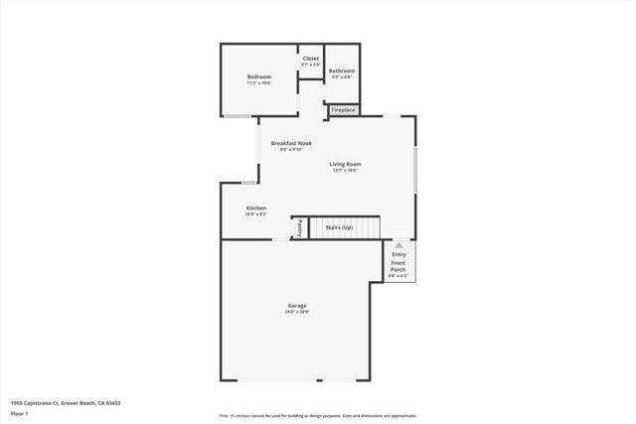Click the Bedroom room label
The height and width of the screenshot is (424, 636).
click(259, 76)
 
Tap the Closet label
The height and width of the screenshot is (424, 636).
click(311, 59)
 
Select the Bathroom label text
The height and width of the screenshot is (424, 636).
click(342, 71)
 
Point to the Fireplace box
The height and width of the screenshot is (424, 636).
click(344, 110)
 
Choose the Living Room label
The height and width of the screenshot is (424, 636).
click(346, 164)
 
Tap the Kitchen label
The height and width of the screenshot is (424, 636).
click(256, 208)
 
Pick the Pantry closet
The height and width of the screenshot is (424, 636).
click(298, 228)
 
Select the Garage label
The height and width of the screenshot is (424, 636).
click(297, 305)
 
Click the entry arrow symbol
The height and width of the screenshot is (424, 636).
click(398, 243)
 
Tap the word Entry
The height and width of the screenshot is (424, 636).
click(398, 254)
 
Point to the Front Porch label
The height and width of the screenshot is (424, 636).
click(398, 266)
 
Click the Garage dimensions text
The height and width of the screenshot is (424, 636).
click(297, 312)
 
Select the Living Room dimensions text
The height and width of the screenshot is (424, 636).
click(346, 171)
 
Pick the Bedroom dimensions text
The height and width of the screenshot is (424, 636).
click(259, 83)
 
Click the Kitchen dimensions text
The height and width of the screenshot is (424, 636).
click(256, 214)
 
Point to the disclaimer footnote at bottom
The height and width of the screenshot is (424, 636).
click(318, 415)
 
